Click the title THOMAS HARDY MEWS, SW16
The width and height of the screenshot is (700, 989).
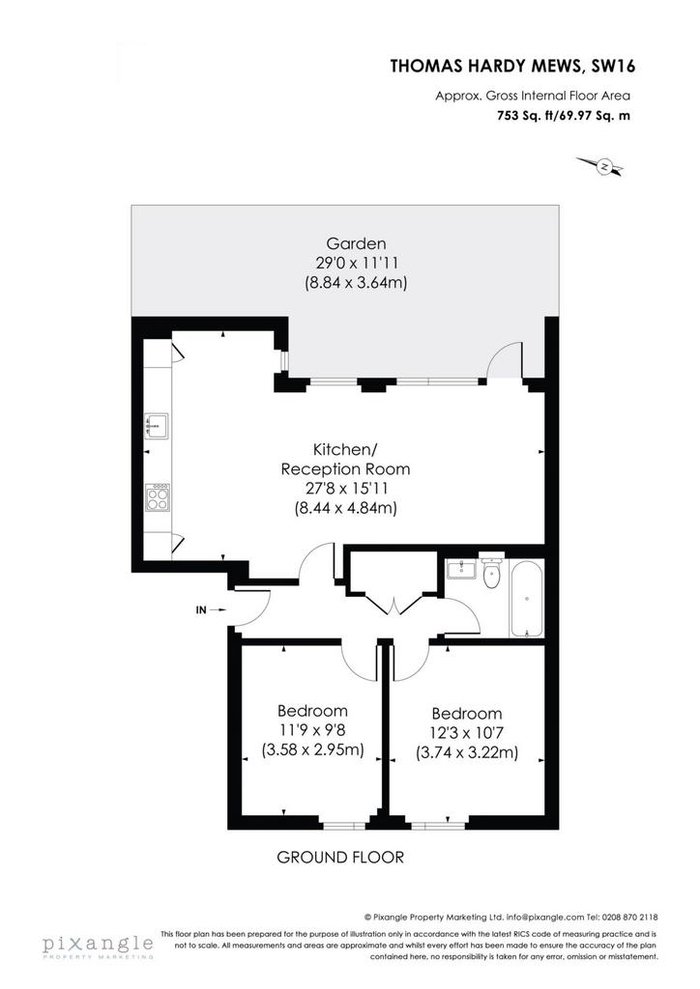tap(512, 67)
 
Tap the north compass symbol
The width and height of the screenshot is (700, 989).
tap(601, 166)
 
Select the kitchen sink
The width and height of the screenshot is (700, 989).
tap(156, 425)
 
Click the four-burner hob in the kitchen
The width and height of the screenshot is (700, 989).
tap(158, 497)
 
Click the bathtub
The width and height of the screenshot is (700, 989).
tap(526, 599)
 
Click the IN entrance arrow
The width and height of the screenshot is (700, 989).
tap(210, 610)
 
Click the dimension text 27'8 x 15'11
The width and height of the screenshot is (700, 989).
tap(346, 488)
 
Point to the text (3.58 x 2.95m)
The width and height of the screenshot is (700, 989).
tap(312, 749)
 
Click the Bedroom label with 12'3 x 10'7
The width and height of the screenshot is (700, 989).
tap(467, 714)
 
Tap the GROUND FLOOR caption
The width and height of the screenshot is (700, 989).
tap(340, 858)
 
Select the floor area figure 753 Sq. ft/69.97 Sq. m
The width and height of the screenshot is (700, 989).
tap(564, 116)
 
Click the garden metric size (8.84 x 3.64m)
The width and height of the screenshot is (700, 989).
tap(356, 282)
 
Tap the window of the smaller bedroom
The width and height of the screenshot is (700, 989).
tap(342, 824)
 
